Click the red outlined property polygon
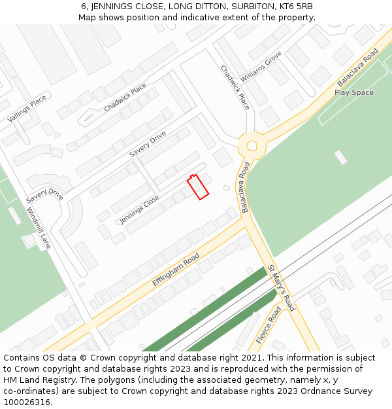(198, 187)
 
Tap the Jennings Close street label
(139, 209)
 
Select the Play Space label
(354, 93)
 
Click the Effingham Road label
(176, 270)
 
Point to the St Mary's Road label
(282, 288)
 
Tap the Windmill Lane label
(39, 228)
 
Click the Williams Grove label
(261, 66)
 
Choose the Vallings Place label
(27, 108)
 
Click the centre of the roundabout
(250, 144)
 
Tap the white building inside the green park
(340, 157)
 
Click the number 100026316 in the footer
(27, 402)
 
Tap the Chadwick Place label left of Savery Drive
(125, 98)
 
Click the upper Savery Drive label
(148, 144)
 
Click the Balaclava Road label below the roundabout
(246, 187)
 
